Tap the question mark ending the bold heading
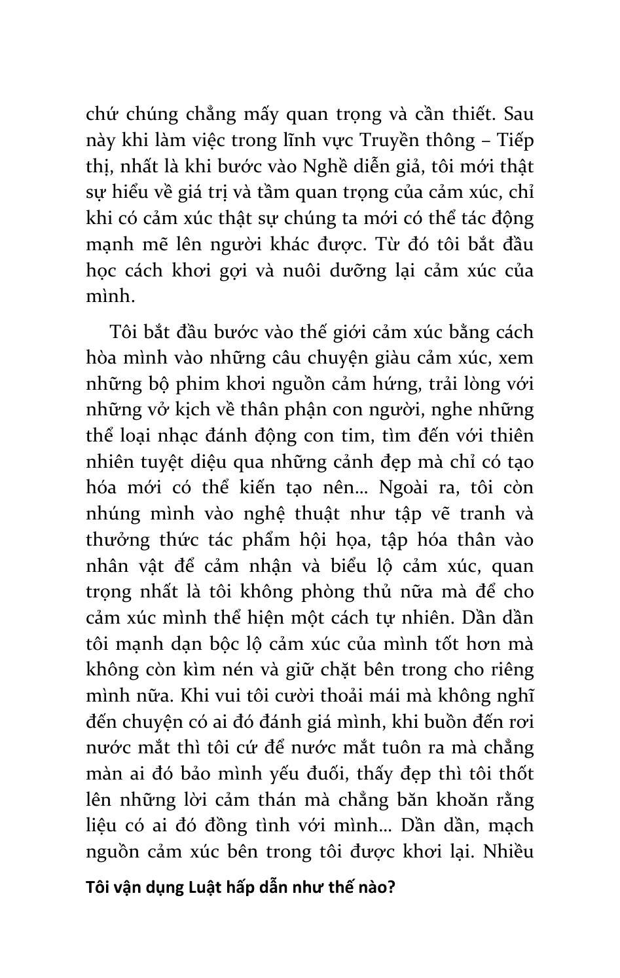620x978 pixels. tap(392, 888)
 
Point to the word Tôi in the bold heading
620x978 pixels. tap(98, 888)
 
